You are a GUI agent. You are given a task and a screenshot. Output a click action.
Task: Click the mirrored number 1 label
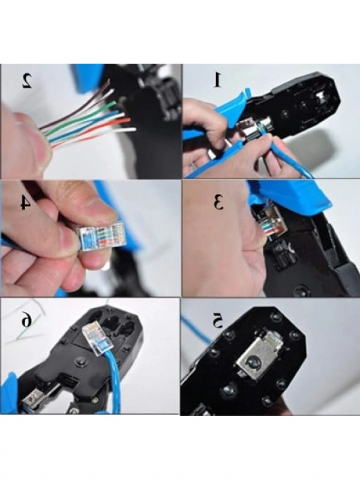pyautogui.click(x=218, y=80)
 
